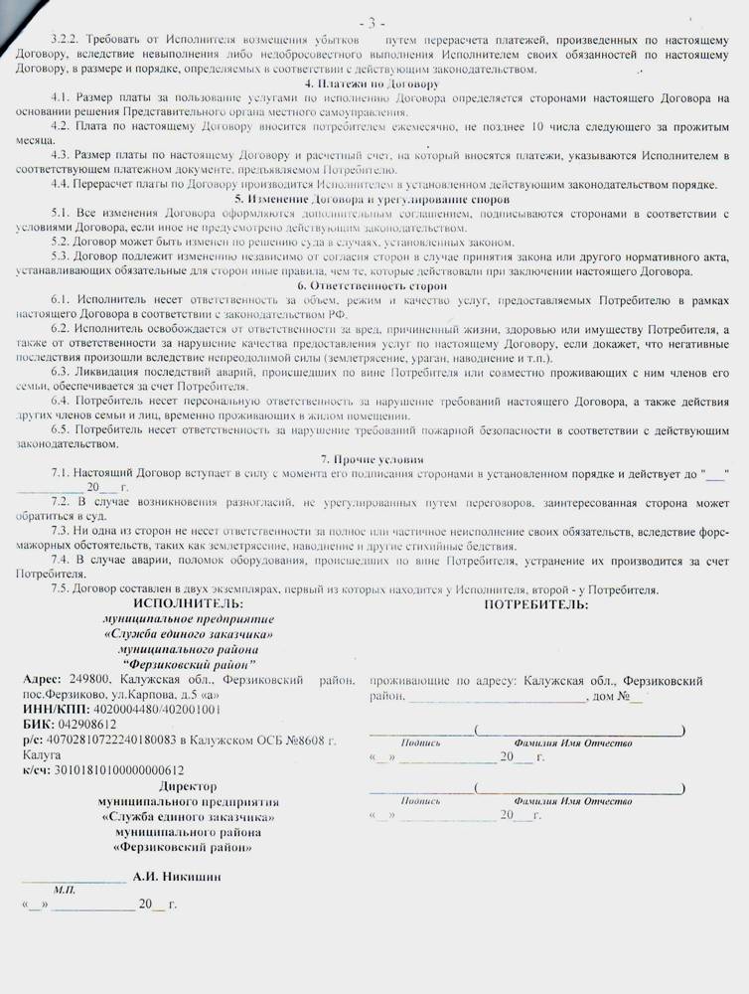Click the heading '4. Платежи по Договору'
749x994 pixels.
373,83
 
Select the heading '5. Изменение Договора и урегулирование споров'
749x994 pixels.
374,200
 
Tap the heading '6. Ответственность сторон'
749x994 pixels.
374,285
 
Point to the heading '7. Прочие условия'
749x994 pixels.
374,459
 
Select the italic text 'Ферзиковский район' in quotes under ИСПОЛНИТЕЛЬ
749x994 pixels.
188,663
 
